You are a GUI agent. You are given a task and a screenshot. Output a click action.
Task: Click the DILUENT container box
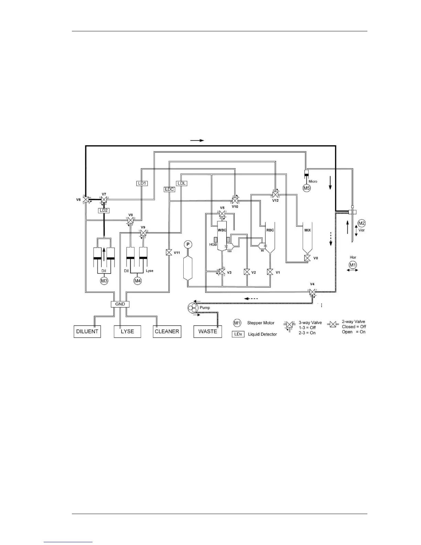pos(87,331)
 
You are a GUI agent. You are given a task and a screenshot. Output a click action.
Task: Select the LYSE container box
pos(127,331)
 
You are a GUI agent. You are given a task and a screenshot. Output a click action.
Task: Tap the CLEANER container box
pos(167,331)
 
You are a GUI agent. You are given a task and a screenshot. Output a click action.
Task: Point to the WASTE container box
pos(207,331)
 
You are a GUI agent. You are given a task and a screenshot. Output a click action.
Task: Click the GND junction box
pos(120,304)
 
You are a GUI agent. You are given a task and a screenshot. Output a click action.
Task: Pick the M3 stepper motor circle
pos(104,281)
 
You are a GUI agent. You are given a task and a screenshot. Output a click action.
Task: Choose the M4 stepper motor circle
pos(138,281)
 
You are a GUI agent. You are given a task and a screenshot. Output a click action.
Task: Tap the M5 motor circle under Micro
pos(306,188)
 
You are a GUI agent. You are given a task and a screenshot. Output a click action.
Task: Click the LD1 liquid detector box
pos(142,183)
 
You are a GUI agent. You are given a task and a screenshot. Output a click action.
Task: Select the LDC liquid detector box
pos(169,189)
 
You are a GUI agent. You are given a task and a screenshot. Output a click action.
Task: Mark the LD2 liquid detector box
pos(104,210)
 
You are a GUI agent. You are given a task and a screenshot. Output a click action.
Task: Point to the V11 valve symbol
pos(169,253)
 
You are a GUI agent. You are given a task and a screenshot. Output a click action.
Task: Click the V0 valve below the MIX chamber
pos(307,258)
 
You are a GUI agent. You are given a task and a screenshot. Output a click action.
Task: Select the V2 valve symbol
pos(247,272)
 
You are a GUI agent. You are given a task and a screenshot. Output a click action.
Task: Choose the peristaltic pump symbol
pos(192,308)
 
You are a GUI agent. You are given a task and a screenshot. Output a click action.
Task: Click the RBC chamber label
pos(270,230)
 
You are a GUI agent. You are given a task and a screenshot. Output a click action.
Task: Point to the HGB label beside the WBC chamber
pos(213,245)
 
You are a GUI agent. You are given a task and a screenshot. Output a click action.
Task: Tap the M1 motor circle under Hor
pos(353,265)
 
